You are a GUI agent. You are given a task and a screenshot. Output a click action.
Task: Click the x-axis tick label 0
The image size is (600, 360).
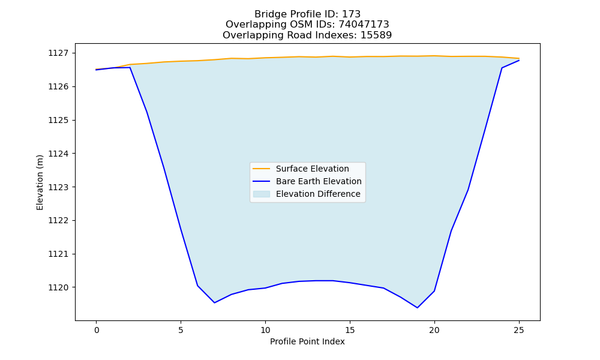97,330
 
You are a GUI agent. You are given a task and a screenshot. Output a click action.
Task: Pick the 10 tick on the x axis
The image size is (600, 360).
265,330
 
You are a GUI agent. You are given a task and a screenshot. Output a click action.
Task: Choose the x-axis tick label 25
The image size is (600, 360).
519,330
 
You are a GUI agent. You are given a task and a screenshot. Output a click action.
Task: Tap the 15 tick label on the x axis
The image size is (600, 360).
350,330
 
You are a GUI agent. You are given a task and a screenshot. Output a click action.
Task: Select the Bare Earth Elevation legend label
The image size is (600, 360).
319,181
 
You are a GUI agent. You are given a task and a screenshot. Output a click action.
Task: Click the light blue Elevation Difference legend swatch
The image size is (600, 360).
262,194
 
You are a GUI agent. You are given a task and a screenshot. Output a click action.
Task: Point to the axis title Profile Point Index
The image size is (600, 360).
307,341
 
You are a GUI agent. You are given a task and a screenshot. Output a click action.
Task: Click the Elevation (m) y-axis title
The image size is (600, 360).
40,182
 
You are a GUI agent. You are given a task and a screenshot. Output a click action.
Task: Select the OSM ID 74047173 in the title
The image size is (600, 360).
364,25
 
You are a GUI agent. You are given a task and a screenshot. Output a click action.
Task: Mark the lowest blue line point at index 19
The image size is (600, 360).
418,308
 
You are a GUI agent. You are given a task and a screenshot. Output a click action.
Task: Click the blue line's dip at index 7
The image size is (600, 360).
215,302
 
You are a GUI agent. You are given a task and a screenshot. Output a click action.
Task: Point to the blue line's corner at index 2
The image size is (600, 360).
130,68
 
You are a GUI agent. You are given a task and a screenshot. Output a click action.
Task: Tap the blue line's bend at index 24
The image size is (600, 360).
502,68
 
